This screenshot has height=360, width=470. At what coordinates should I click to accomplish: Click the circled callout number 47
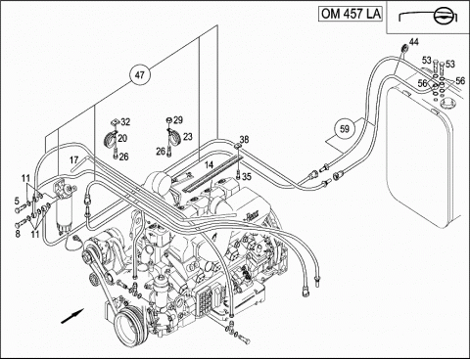click(140, 75)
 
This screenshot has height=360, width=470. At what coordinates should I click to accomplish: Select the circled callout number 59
click(345, 129)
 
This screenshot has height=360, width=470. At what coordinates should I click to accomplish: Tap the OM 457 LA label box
click(351, 14)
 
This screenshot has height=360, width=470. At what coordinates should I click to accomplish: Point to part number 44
click(414, 42)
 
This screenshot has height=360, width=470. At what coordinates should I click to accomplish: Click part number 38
click(244, 139)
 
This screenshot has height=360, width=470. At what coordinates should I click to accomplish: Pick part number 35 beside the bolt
click(247, 177)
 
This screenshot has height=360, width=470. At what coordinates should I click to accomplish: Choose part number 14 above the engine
click(209, 165)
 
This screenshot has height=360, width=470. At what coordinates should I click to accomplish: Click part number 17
click(74, 160)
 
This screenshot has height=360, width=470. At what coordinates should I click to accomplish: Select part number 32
click(125, 122)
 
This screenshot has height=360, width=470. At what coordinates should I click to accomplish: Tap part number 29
click(178, 120)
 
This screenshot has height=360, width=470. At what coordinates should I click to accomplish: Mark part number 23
click(188, 137)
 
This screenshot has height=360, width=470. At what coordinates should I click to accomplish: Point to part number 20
click(122, 139)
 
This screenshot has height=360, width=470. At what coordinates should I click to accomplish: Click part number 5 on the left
click(17, 202)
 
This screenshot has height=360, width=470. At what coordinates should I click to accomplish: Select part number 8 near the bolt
click(18, 234)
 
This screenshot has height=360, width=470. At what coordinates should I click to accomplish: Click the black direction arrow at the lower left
click(72, 316)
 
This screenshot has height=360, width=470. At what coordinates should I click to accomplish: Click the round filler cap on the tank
click(446, 104)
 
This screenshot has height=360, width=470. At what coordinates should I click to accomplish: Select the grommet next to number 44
click(404, 49)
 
